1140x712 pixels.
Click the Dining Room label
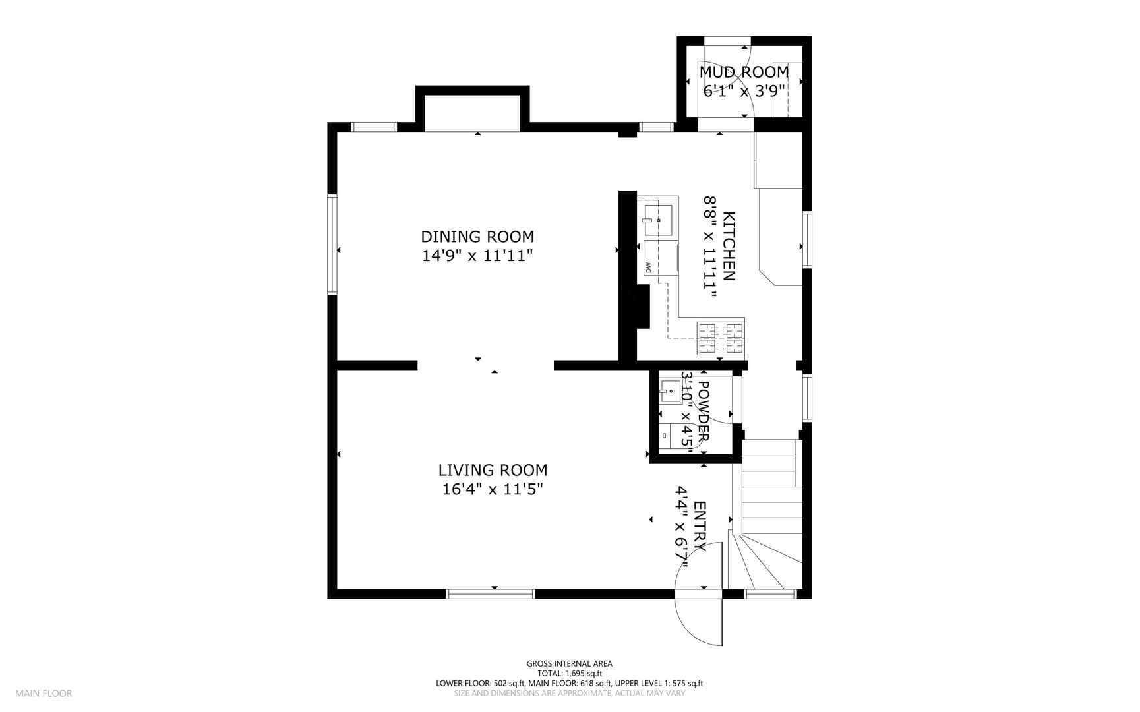477,236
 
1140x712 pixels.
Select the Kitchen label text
729,246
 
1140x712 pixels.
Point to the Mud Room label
744,72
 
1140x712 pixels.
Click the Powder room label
703,411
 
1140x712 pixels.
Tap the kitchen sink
658,220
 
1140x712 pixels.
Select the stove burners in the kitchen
721,338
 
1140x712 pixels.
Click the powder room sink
670,391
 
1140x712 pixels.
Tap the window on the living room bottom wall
491,594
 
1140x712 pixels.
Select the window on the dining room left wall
332,244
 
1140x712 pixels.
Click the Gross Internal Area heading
569,664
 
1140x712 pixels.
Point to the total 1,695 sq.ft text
570,674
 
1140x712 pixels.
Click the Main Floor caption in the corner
44,694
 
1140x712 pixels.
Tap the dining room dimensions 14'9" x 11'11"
477,256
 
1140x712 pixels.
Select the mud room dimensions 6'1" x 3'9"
744,91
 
